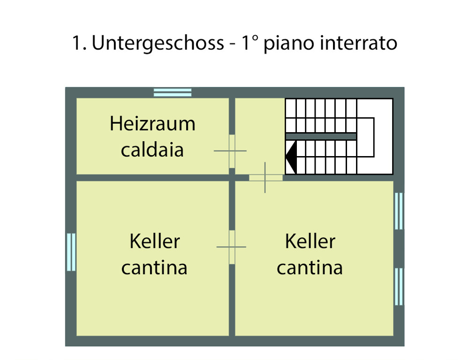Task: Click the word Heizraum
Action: pos(152,125)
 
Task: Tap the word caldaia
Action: pos(152,150)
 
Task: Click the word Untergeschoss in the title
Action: pos(158,44)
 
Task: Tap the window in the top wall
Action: pos(173,92)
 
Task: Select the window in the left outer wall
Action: pos(71,252)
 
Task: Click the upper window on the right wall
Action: pos(399,211)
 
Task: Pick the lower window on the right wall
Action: pos(399,286)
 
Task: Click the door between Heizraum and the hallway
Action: pos(232,151)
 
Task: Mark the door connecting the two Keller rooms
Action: pos(232,247)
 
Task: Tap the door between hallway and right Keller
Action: pos(265,178)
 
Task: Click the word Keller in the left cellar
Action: pos(155,242)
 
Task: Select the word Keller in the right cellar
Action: pos(310,242)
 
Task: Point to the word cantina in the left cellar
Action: pos(154,268)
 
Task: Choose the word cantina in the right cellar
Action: pos(310,268)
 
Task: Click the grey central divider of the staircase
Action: pos(321,136)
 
